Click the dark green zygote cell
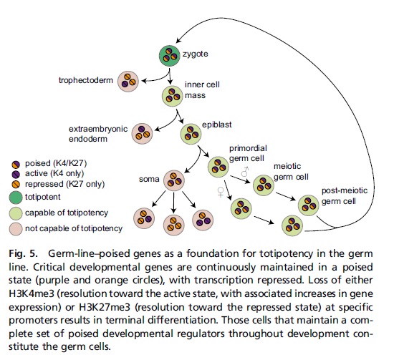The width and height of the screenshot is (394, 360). tap(170, 56)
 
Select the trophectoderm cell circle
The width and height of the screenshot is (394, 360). tap(128, 81)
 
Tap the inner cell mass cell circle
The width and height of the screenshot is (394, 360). tap(173, 96)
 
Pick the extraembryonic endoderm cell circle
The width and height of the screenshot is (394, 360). tap(142, 134)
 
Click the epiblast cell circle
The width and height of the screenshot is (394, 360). tap(191, 134)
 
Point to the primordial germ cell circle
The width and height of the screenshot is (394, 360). tap(218, 167)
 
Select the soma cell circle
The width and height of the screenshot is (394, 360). tap(174, 180)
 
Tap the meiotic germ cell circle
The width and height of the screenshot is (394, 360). tap(264, 185)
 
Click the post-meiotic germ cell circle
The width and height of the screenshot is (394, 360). tap(309, 205)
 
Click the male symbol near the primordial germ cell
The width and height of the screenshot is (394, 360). tap(245, 172)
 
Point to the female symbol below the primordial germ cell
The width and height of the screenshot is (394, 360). tap(221, 193)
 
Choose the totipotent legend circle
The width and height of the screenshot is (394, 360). tap(16, 198)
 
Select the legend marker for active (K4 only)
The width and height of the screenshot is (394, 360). tap(16, 174)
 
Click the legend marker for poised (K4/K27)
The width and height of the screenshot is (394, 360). tap(16, 164)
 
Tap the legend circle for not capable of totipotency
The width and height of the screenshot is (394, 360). tap(16, 229)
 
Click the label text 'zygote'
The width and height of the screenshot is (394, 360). tap(196, 54)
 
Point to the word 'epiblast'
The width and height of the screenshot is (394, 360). tap(217, 125)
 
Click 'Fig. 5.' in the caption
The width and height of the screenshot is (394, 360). tap(23, 253)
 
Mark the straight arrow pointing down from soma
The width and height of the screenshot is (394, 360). tap(173, 202)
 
